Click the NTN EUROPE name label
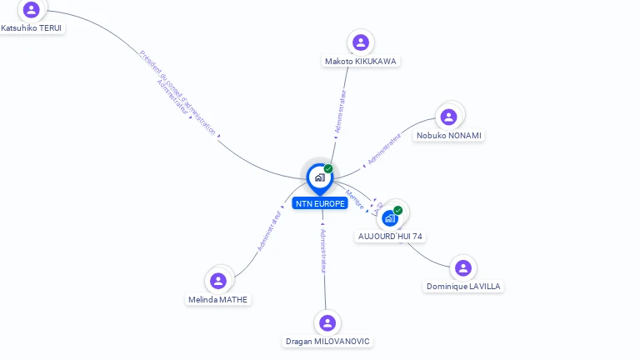[320, 203]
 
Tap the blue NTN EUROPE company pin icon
[319, 177]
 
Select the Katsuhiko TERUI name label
[32, 27]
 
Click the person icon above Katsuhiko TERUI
[32, 9]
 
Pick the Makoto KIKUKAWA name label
[361, 61]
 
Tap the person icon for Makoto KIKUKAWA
[361, 42]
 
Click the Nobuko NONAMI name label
[449, 135]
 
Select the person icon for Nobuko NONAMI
[449, 117]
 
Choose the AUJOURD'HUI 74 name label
[390, 236]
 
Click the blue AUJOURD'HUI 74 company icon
[389, 217]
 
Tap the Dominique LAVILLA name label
[463, 286]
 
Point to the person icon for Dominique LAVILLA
[463, 267]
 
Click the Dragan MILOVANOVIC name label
[327, 341]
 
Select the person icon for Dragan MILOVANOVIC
[327, 322]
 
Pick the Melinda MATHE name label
[218, 299]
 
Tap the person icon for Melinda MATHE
[218, 280]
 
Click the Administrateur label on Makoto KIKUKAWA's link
[339, 112]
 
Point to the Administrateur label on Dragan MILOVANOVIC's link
[323, 251]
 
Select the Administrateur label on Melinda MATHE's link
[269, 231]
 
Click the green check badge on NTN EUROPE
[328, 169]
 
